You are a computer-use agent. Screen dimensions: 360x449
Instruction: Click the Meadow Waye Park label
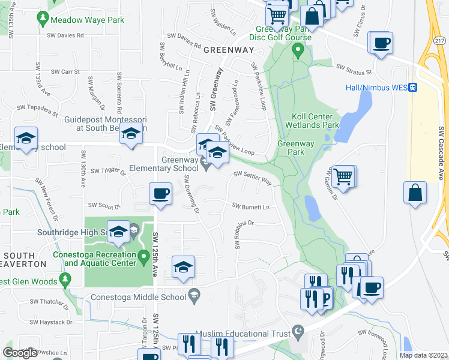(87, 20)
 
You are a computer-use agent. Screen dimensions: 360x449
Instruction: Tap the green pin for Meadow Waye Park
(43, 19)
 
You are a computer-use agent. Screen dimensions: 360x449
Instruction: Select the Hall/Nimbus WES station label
(376, 88)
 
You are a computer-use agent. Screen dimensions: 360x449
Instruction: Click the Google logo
(20, 353)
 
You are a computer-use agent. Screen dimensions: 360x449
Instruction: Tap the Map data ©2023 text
(424, 355)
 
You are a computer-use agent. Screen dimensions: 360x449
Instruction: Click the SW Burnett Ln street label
(251, 206)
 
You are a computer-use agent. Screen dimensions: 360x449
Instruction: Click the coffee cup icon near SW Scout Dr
(160, 194)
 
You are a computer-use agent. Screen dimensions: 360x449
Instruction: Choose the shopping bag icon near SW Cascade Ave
(415, 193)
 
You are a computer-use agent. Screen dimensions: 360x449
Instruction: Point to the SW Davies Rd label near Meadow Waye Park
(67, 35)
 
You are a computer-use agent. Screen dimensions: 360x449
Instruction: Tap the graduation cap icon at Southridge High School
(119, 232)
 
